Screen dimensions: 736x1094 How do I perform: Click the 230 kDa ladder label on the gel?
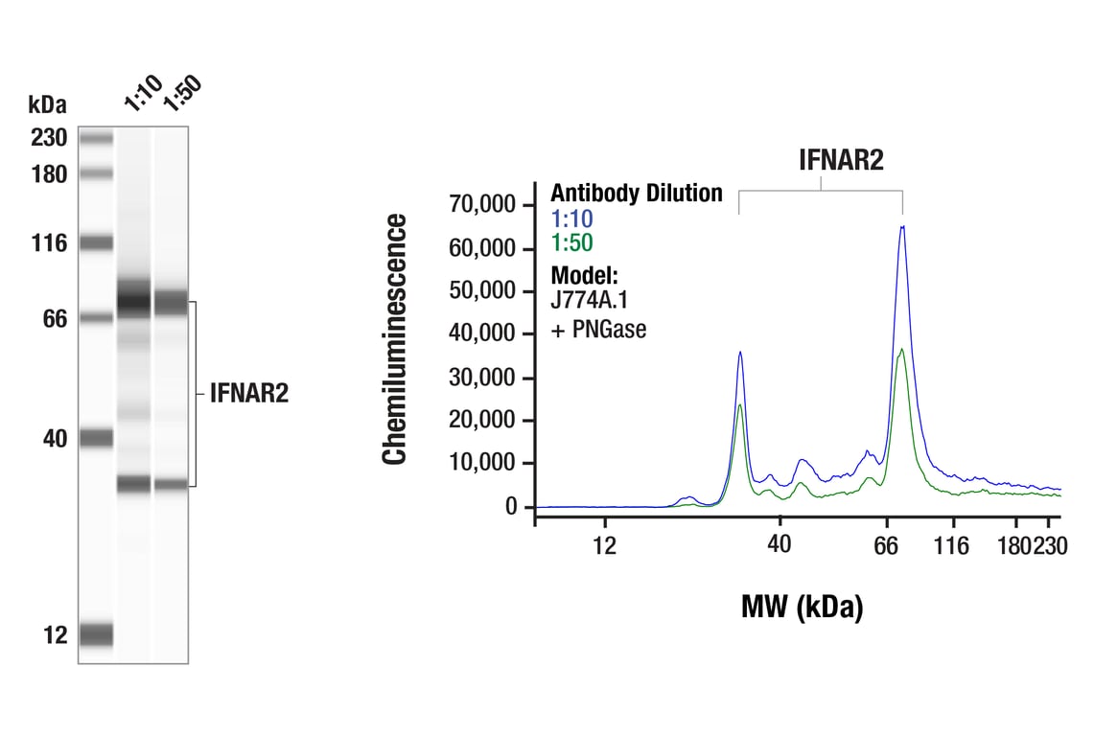tap(48, 138)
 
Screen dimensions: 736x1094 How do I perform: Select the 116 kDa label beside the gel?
tap(48, 243)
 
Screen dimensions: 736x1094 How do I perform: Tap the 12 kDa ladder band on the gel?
tap(96, 634)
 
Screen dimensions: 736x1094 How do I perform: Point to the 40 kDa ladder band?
tap(96, 438)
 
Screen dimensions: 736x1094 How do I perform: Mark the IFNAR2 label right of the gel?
tap(248, 394)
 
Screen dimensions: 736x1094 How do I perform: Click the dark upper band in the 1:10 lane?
tap(134, 300)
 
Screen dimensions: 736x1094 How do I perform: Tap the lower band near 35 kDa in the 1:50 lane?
tap(170, 484)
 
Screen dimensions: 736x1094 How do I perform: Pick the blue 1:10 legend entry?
tap(571, 219)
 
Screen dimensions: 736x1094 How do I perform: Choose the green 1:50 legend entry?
tap(571, 243)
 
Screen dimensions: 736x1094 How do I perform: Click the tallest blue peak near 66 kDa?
tap(902, 228)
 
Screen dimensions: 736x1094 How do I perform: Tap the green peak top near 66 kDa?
tap(901, 350)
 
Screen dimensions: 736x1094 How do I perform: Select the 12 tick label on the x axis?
tap(604, 546)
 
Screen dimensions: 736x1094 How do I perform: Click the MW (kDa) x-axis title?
tap(802, 607)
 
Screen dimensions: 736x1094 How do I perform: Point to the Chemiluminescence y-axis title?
tap(395, 340)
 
